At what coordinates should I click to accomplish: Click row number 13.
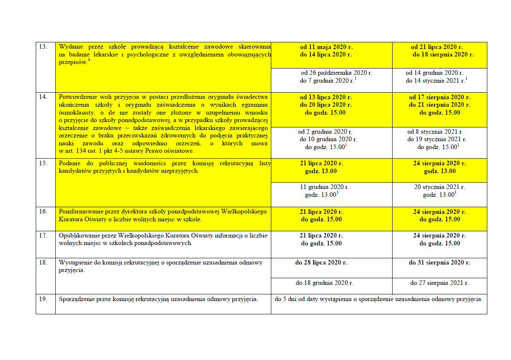click(x=43, y=47)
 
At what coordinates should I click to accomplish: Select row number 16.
click(x=43, y=211)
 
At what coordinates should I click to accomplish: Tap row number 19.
click(x=43, y=299)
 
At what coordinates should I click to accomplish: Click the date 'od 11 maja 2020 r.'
click(x=326, y=47)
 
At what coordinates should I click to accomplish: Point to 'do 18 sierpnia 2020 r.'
click(x=443, y=54)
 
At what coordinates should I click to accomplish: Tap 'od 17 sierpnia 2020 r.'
click(x=440, y=97)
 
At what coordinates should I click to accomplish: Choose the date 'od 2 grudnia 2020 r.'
click(x=325, y=132)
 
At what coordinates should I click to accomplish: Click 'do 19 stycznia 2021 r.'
click(x=437, y=140)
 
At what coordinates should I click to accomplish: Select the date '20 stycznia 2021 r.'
click(x=440, y=187)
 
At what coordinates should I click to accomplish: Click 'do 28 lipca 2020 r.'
click(x=321, y=262)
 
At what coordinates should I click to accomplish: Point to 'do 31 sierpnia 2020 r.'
click(x=440, y=262)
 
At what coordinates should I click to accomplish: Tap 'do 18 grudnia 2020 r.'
click(x=324, y=283)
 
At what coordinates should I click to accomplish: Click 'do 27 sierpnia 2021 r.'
click(x=440, y=283)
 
